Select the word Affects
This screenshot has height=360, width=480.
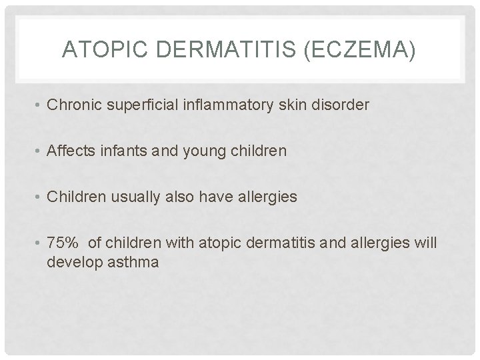[69, 151]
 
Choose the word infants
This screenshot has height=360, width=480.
[119, 151]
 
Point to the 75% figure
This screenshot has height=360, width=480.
[64, 243]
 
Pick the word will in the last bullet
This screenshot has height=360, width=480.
[425, 243]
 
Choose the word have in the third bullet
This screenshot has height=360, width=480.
[209, 197]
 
